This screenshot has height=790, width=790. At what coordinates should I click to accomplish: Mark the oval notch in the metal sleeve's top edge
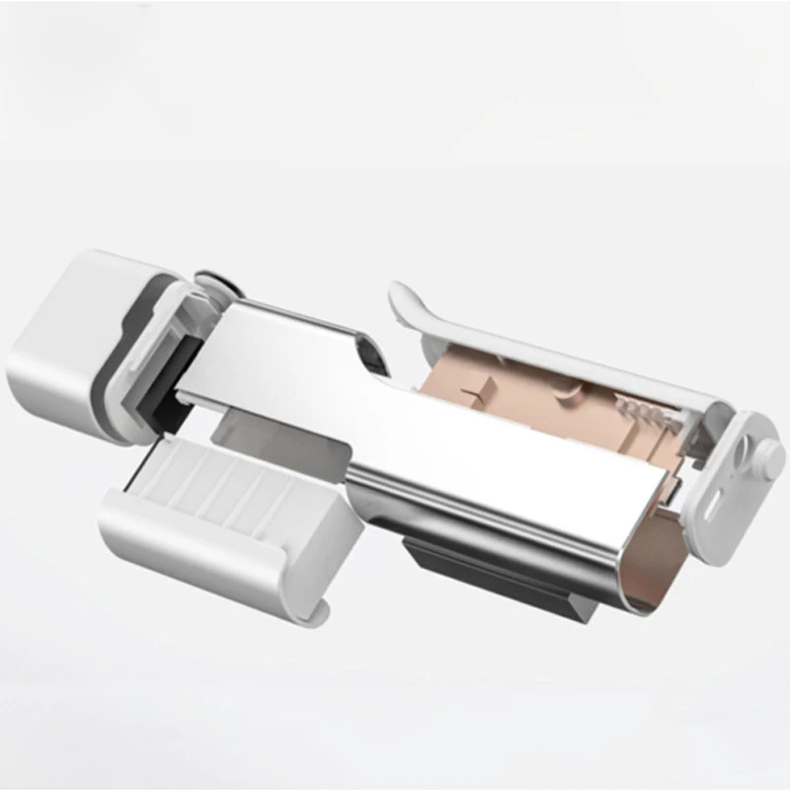click(368, 353)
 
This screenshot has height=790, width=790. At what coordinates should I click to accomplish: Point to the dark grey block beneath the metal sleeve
click(474, 563)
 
